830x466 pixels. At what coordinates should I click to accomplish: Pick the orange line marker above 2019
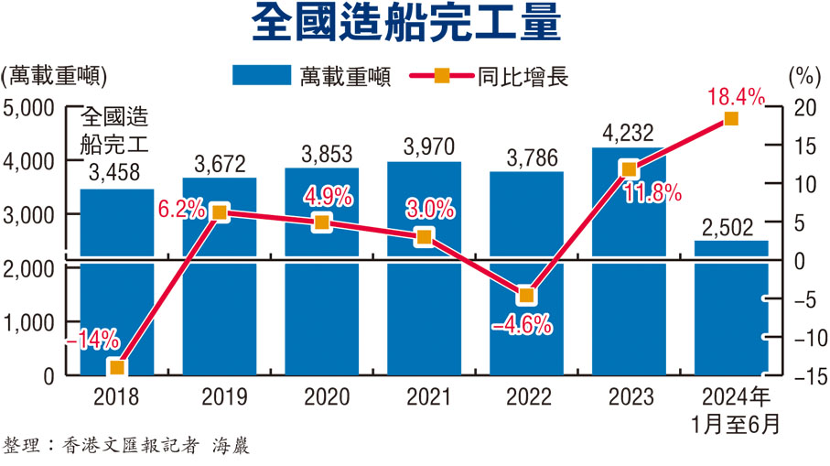219,212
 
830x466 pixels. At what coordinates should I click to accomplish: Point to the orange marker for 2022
525,296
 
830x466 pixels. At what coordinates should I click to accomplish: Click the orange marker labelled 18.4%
730,119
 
